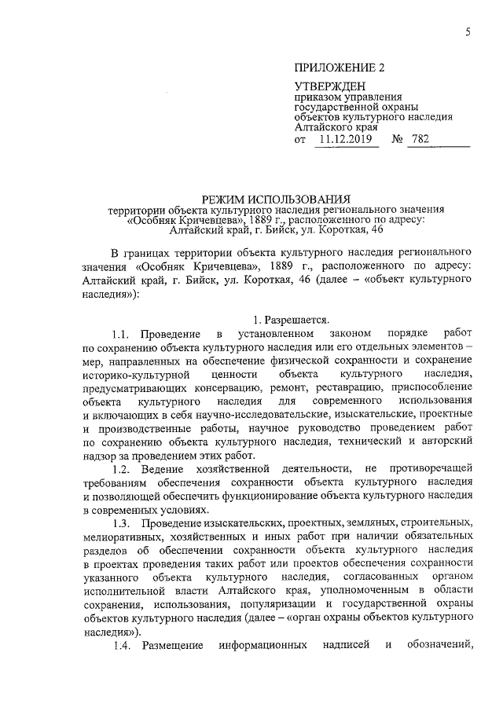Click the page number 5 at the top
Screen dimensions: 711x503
point(468,31)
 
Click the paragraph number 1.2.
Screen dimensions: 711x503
point(125,469)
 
